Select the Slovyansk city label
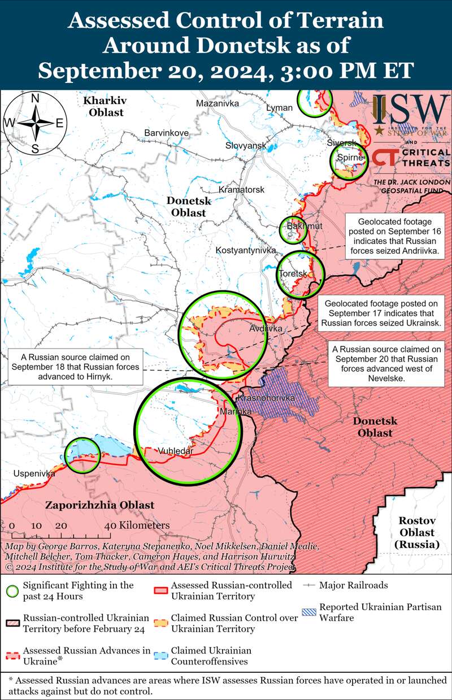pos(245,145)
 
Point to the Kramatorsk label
pos(241,189)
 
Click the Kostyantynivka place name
pos(245,250)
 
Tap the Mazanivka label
pos(218,103)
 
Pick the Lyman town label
pos(280,107)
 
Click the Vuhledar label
pos(175,451)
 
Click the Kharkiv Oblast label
pos(105,106)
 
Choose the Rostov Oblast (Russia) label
pos(416,532)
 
